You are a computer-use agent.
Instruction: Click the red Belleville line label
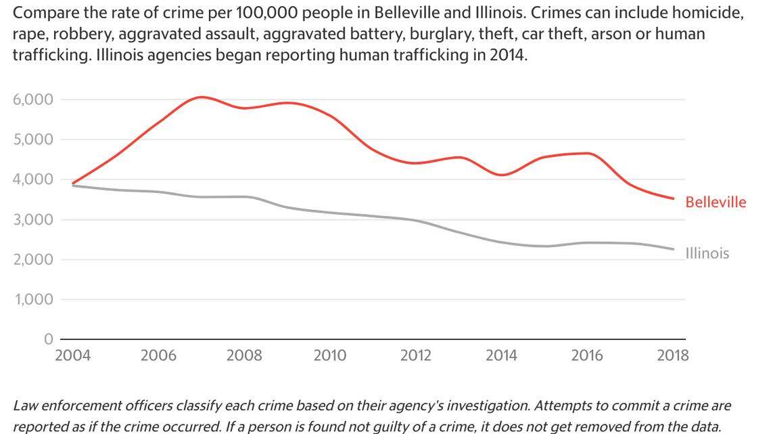pos(716,202)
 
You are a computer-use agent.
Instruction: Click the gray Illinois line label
pos(707,253)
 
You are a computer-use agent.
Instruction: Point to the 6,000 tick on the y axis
pos(32,100)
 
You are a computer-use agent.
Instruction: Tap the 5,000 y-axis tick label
pos(32,139)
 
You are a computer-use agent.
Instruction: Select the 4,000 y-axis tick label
pos(32,179)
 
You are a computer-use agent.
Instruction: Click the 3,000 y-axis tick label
pos(32,219)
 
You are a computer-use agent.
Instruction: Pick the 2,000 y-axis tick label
pos(32,259)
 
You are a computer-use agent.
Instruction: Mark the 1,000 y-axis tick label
pos(32,299)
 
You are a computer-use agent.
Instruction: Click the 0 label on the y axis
pos(47,339)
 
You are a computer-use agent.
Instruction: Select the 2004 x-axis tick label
pos(72,355)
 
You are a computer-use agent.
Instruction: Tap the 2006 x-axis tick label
pos(158,355)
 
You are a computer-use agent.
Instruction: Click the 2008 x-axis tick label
pos(244,355)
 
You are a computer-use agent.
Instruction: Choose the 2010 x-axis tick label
pos(330,355)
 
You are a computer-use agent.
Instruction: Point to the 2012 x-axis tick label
pos(416,355)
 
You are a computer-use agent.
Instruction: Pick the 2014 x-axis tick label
pos(502,355)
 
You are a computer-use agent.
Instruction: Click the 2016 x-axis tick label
pos(587,355)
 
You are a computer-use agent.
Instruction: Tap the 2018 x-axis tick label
pos(673,355)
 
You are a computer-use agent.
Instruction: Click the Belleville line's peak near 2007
pos(202,97)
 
